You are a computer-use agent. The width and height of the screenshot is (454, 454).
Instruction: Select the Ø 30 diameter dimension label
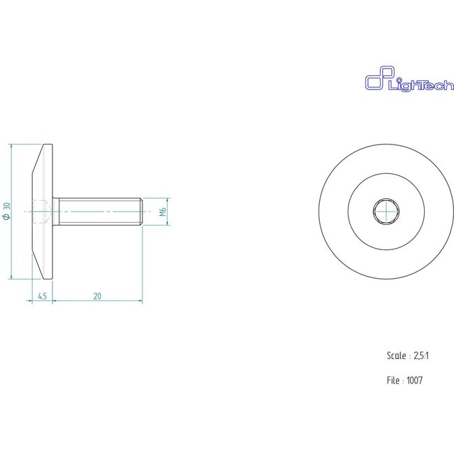(x=7, y=211)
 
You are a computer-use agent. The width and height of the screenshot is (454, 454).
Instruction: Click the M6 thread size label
(x=162, y=212)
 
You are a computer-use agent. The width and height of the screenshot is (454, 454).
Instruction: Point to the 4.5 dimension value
(x=42, y=297)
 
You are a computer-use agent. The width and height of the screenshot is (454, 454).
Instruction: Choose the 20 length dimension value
(x=97, y=297)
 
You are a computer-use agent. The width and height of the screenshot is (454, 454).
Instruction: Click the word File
(x=393, y=381)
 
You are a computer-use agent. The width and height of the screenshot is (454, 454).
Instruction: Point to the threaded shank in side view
(x=98, y=211)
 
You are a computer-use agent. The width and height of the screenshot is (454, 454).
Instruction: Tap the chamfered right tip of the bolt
(x=141, y=211)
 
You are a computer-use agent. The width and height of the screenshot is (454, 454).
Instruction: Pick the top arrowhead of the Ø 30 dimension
(x=13, y=147)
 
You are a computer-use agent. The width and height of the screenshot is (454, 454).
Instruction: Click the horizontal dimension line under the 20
(x=97, y=302)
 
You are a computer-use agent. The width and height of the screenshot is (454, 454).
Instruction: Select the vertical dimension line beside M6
(x=168, y=212)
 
